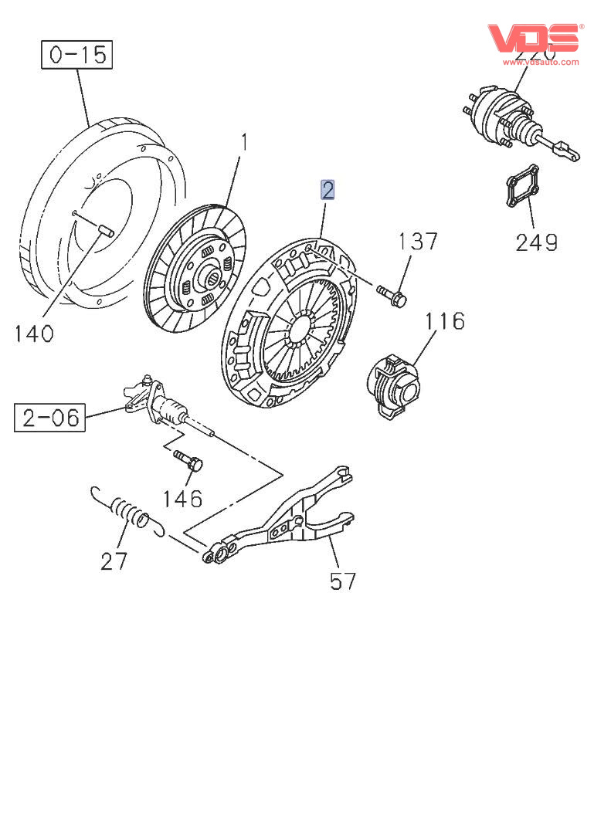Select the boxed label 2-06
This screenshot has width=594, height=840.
coord(50,418)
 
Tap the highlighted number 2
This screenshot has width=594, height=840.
coord(328,189)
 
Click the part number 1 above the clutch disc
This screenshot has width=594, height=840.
coord(244,144)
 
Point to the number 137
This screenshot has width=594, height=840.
coord(418,242)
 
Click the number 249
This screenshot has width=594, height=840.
coord(537,242)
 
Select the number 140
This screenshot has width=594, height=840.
coord(34,334)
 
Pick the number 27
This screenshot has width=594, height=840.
coord(114,561)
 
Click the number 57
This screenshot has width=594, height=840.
coord(343,581)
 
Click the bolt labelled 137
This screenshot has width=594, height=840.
coord(393,296)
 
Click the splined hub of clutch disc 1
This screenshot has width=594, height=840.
coord(207,273)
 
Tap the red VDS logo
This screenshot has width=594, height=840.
coord(533,38)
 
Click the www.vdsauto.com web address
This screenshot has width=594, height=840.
coord(541,62)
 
